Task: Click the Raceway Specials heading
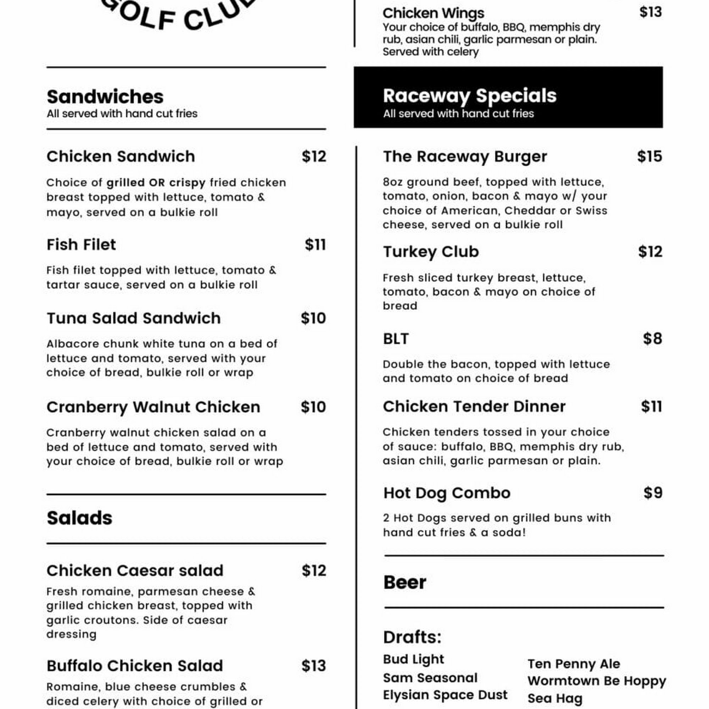[469, 96]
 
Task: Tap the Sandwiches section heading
[105, 97]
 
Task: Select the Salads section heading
[79, 518]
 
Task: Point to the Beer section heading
[404, 582]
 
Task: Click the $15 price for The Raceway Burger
[649, 157]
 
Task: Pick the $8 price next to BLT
[653, 339]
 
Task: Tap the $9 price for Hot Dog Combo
[653, 493]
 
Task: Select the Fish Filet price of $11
[315, 245]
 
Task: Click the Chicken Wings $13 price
[651, 12]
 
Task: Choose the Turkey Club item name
[431, 252]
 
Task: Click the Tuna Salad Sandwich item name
[134, 319]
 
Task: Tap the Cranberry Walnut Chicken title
[153, 407]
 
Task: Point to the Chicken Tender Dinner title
[474, 407]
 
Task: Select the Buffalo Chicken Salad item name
[135, 666]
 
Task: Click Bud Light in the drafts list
[414, 659]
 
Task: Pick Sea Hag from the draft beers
[555, 698]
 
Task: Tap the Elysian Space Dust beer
[445, 695]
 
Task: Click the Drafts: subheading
[412, 637]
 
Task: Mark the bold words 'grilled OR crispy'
[156, 183]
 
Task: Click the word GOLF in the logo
[139, 17]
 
